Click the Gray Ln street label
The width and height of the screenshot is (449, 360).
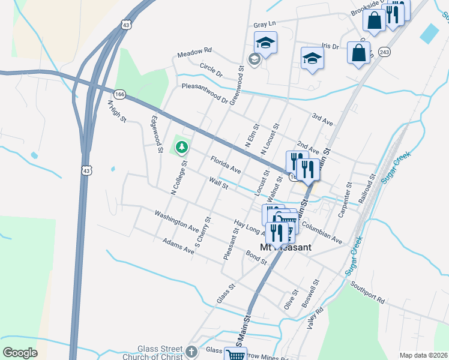[x=264, y=25]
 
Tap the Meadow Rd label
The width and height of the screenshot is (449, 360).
[x=194, y=53]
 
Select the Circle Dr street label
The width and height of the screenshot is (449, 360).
[x=211, y=70]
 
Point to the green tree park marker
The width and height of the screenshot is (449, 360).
[x=181, y=145]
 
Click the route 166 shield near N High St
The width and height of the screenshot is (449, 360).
[x=119, y=94]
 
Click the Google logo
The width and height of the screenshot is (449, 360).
[x=20, y=353]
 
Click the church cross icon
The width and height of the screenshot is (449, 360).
[x=191, y=352]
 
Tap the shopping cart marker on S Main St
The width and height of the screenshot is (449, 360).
[x=235, y=355]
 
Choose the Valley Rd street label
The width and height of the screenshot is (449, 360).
[x=315, y=318]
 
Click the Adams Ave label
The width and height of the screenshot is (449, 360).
[x=179, y=245]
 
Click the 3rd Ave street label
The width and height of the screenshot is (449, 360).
[x=323, y=118]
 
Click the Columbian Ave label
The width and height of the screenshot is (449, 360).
[x=322, y=232]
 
